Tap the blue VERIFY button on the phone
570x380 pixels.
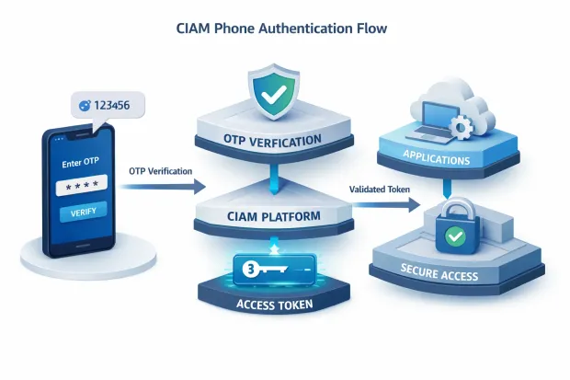[x=83, y=212]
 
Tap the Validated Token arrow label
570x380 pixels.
[x=381, y=190]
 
